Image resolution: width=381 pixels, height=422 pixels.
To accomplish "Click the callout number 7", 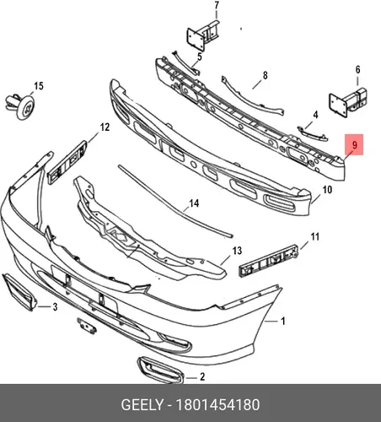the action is pyautogui.click(x=217, y=6).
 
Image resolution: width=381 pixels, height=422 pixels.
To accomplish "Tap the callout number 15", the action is pyautogui.click(x=39, y=86).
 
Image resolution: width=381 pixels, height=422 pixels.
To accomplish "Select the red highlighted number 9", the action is pyautogui.click(x=355, y=145).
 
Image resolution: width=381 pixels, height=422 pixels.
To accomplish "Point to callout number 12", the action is pyautogui.click(x=105, y=127).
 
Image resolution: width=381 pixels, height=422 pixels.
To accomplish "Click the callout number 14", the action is pyautogui.click(x=194, y=203).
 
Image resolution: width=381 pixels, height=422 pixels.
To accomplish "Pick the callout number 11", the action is pyautogui.click(x=314, y=236).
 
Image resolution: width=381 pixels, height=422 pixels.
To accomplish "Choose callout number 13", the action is pyautogui.click(x=237, y=251).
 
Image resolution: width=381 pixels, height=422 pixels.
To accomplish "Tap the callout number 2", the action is pyautogui.click(x=202, y=376).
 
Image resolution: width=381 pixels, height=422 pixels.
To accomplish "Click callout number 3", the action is pyautogui.click(x=55, y=306).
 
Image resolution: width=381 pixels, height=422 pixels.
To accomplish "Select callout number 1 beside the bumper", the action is pyautogui.click(x=283, y=321).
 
